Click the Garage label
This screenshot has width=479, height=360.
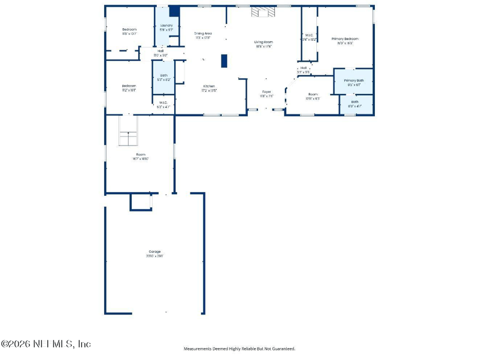154,252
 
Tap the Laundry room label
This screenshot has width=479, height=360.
166,25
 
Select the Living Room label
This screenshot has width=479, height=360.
264,42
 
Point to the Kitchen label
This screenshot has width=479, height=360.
208,86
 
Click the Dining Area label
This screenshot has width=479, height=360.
203,34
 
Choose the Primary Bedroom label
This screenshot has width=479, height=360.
345,38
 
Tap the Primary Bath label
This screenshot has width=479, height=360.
353,80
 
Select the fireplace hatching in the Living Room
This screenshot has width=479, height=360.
263,13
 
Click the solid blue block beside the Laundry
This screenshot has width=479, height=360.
174,11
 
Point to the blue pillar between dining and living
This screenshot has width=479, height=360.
224,60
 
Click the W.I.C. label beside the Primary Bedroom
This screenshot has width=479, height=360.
309,35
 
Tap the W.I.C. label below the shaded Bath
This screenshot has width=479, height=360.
163,102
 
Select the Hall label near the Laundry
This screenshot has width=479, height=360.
161,51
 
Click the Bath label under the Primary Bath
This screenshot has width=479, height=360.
355,102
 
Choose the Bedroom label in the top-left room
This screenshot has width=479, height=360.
129,29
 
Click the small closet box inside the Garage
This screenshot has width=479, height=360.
141,202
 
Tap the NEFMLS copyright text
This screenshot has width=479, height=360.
46,344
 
